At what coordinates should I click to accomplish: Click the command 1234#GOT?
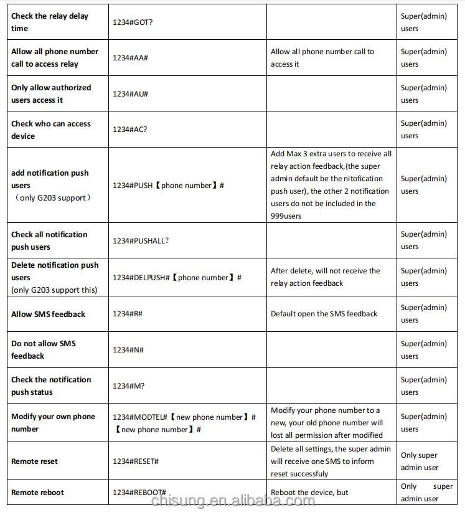[133, 22]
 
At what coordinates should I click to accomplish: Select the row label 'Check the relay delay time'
[50, 22]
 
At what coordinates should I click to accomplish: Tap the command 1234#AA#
[129, 57]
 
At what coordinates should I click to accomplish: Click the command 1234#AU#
[129, 94]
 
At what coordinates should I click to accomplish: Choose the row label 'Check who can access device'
[51, 130]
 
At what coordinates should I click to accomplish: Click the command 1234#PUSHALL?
[140, 240]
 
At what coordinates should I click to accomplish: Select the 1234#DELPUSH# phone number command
[177, 278]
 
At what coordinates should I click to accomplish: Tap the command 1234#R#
[127, 314]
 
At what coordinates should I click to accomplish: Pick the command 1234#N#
[128, 350]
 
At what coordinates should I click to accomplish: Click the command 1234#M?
[128, 386]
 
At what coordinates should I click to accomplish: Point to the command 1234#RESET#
[135, 461]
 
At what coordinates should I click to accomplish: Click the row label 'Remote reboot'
[37, 493]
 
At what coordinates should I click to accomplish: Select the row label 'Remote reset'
[34, 461]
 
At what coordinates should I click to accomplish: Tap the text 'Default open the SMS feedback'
[324, 314]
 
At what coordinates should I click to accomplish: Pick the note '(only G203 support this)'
[54, 290]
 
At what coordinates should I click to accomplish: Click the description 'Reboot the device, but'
[309, 493]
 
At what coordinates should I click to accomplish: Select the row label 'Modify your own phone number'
[53, 423]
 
